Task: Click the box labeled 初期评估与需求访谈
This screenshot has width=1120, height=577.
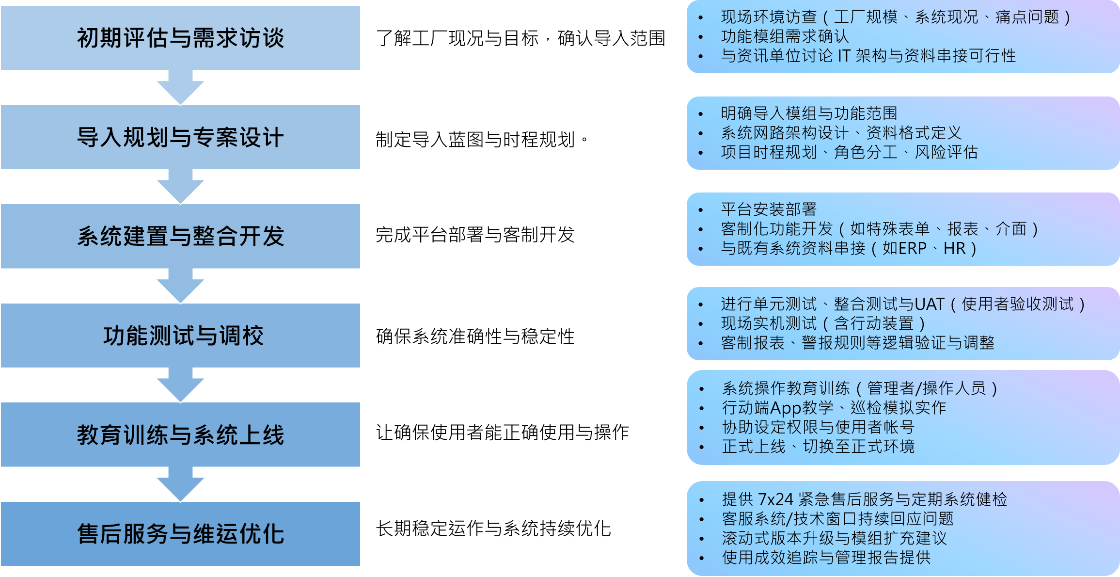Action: point(180,38)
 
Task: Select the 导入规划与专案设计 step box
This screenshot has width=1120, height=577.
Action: point(180,137)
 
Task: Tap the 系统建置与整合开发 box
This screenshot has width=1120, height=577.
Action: point(180,236)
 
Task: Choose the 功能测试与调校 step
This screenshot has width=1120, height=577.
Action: point(180,336)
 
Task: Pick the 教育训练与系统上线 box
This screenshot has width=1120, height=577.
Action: point(180,434)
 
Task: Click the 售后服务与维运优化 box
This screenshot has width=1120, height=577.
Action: point(180,534)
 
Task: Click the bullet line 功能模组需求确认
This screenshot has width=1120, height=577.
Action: point(785,36)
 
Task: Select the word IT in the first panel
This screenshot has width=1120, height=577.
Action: point(844,56)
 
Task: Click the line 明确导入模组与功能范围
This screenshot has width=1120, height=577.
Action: point(809,113)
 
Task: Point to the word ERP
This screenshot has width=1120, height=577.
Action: point(904,248)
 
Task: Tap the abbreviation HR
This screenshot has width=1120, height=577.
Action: point(955,248)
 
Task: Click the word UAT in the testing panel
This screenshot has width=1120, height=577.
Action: point(930,304)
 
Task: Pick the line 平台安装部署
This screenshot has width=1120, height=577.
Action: point(769,209)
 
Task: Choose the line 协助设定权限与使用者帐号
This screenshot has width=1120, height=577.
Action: point(818,427)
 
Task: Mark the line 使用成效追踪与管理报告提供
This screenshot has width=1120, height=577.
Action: point(826,557)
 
